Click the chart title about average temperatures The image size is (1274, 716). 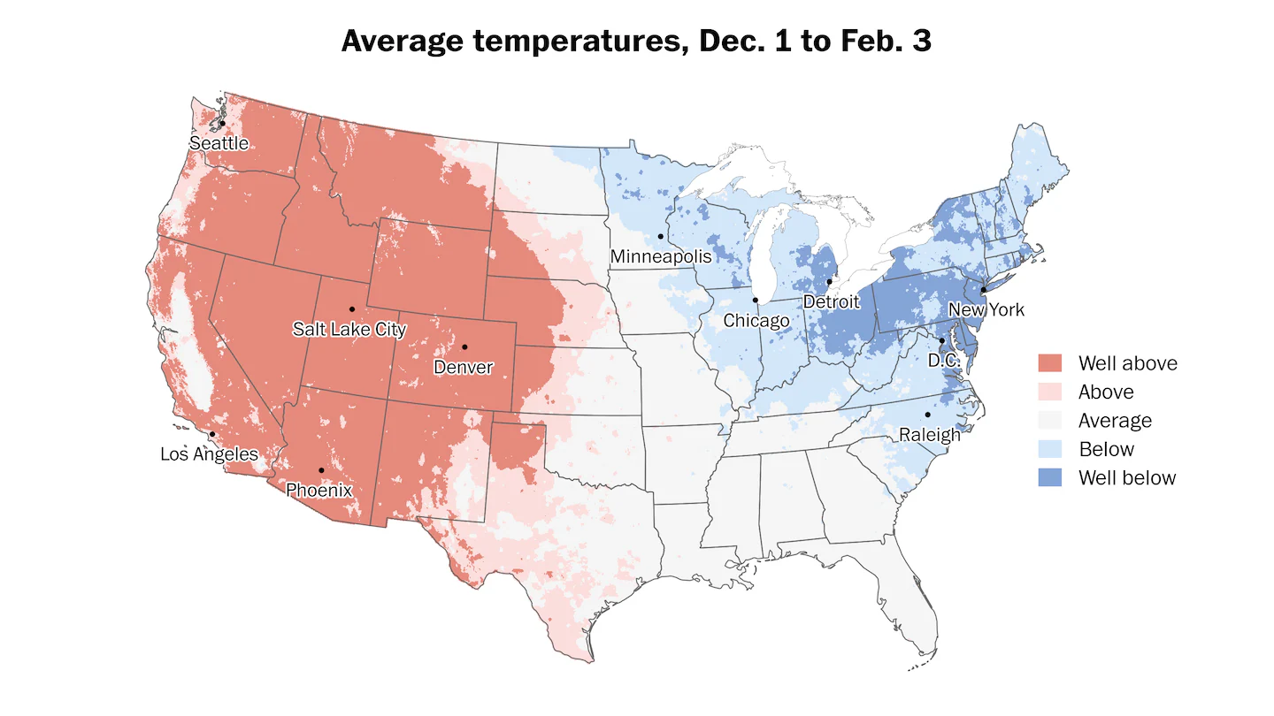636,42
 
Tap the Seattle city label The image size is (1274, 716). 219,143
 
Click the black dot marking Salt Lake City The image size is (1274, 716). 352,308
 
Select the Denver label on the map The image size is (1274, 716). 464,367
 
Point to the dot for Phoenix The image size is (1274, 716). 321,470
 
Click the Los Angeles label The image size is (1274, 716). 209,454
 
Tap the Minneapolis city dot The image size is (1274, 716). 661,236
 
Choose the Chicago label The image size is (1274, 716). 756,320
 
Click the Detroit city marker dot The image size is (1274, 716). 829,282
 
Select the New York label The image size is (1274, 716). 986,309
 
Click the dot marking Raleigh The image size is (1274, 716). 928,415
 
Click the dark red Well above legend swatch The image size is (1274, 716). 1050,363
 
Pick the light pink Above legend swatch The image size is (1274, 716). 1050,392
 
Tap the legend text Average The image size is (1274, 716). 1115,421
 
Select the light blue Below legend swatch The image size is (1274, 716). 1050,449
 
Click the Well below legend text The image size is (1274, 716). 1127,478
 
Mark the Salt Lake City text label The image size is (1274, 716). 349,330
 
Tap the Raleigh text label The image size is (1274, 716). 930,434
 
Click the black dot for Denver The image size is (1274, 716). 464,347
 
